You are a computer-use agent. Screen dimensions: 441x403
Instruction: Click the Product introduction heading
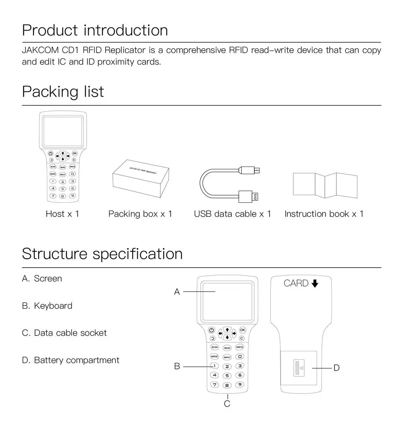(95, 31)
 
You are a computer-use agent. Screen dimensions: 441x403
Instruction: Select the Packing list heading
(63, 92)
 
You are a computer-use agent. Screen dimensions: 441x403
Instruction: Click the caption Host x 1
(62, 214)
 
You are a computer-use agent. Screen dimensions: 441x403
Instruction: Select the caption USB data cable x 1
(233, 214)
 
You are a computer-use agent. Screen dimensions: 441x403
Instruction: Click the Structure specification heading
(102, 254)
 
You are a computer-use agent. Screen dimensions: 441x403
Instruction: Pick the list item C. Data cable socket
(64, 333)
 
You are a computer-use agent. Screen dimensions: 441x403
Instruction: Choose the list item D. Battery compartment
(71, 360)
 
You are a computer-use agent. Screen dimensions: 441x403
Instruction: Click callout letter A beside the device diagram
(177, 292)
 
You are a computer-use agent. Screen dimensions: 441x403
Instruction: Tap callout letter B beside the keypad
(177, 367)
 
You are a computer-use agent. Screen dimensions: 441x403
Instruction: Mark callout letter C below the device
(227, 404)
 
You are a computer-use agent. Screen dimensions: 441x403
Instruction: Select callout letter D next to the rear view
(337, 368)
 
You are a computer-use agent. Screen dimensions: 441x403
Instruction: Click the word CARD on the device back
(296, 283)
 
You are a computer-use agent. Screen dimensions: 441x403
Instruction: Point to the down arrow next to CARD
(315, 283)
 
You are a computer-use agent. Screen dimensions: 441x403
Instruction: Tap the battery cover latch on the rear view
(300, 367)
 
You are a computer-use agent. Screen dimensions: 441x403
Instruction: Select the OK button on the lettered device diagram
(243, 330)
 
